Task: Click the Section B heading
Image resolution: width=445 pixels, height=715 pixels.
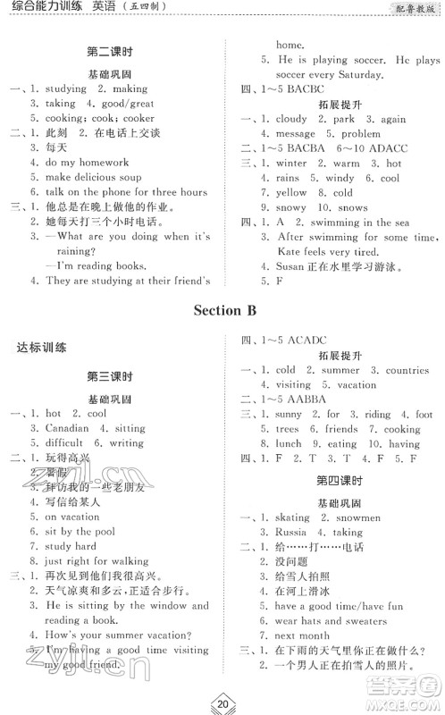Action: coord(222,311)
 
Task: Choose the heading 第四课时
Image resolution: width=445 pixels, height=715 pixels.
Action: coord(336,481)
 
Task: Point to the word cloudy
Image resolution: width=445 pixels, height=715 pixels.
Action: coord(291,119)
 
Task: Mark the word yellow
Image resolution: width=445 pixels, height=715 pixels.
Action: coord(291,192)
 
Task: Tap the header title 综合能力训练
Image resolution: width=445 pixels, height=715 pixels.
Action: coord(39,8)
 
